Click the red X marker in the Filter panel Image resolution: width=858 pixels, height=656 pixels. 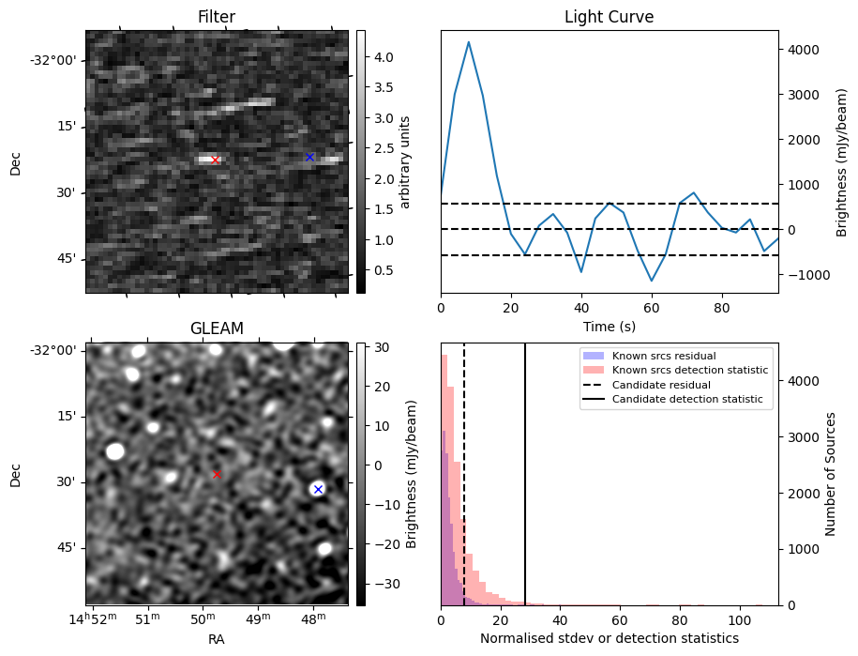215,160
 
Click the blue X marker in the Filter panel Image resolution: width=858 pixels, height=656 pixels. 309,157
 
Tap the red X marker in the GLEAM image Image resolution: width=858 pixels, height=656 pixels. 217,475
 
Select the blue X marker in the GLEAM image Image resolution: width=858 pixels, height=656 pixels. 318,489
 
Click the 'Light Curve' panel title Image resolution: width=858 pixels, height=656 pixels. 609,17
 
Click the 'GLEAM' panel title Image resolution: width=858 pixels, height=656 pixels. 217,328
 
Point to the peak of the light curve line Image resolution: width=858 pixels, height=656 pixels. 469,42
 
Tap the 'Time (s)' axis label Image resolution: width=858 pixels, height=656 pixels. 609,324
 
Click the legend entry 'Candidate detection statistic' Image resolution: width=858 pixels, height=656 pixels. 689,400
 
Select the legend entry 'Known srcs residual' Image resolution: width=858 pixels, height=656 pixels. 664,356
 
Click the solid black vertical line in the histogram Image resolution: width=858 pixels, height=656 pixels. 525,469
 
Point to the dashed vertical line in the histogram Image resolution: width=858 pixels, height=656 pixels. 464,469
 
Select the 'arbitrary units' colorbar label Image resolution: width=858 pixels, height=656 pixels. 406,162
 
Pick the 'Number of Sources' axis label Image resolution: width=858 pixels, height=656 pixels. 831,474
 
